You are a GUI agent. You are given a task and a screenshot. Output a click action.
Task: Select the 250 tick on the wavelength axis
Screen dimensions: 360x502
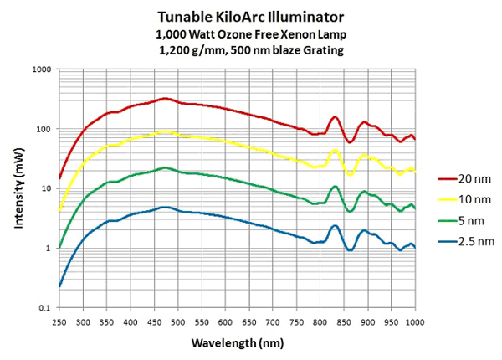(59, 321)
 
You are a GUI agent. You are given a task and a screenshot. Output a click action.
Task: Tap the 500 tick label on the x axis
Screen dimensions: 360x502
(178, 321)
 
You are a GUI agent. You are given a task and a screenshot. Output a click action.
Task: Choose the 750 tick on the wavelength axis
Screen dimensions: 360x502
(297, 321)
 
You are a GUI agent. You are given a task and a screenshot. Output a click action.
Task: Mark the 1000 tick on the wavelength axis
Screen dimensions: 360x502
(415, 321)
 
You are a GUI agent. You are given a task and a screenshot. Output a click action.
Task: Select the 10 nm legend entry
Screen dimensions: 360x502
(463, 200)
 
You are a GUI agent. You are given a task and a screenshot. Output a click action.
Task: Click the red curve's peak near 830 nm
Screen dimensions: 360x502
(335, 117)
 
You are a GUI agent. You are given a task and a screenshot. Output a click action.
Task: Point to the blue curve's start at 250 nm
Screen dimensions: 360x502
(59, 286)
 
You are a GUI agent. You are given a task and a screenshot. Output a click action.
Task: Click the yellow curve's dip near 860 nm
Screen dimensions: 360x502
(351, 174)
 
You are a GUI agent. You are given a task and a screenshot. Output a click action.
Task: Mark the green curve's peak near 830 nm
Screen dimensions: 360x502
(335, 187)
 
